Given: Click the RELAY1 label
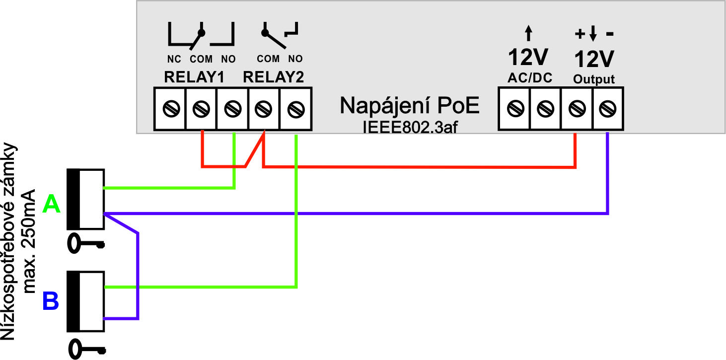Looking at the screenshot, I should point(194,77).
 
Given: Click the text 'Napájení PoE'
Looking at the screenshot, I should point(410,106).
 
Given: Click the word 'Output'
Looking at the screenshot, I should point(594,79).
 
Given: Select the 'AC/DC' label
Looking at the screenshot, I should point(529,78).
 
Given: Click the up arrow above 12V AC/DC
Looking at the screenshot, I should point(528,34).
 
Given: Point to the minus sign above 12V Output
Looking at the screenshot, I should point(610,35).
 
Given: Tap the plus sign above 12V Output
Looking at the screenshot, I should point(580,34).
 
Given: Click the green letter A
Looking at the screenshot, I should point(52,204).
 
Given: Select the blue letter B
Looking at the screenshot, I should point(51,301).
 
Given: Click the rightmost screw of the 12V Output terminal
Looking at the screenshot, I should point(607,108).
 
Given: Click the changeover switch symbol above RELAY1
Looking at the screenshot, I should point(201,36).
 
